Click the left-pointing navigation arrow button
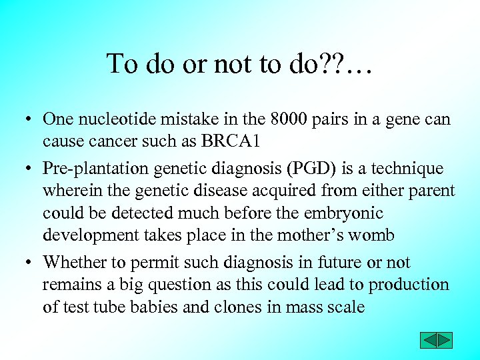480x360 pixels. pyautogui.click(x=428, y=341)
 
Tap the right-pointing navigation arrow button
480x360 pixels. pyautogui.click(x=444, y=341)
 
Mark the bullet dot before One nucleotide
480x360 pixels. pyautogui.click(x=31, y=120)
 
